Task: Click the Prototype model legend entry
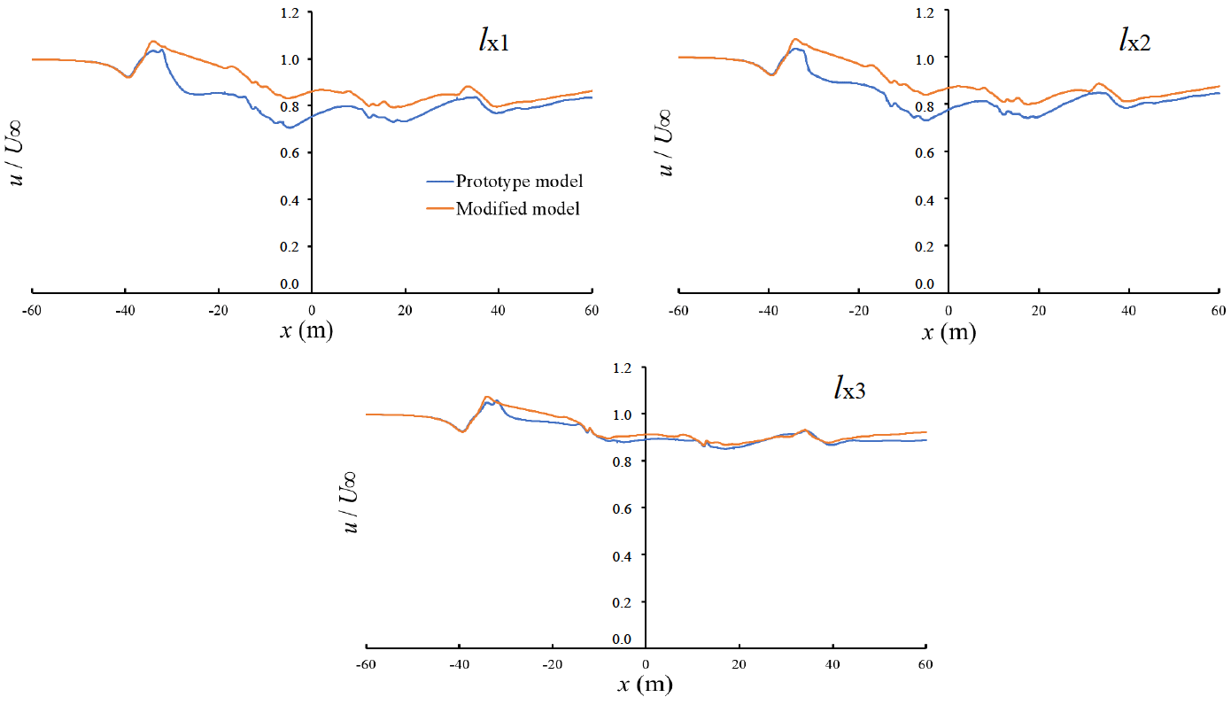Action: click(519, 182)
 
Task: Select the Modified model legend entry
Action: click(517, 209)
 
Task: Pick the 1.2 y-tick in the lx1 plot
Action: click(290, 12)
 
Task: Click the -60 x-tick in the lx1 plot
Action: click(32, 309)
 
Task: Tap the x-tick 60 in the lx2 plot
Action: click(1218, 310)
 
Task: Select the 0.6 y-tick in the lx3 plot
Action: click(624, 508)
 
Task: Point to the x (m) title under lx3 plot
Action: click(645, 685)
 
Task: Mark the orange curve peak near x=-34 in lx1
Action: click(153, 41)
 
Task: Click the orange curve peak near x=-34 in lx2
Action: click(795, 39)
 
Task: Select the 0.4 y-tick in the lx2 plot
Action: click(926, 199)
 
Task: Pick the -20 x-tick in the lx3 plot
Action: click(552, 664)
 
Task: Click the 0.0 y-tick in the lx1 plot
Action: click(290, 283)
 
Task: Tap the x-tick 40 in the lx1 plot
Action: click(498, 309)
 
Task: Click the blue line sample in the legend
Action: click(439, 182)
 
